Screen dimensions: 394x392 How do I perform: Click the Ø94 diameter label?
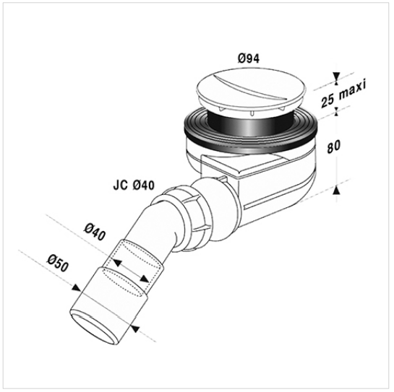click(x=249, y=58)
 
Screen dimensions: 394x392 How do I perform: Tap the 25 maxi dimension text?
click(x=343, y=92)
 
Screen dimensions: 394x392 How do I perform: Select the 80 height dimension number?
click(x=334, y=147)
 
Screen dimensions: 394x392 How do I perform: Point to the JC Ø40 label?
click(x=134, y=186)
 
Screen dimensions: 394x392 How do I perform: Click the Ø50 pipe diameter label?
click(x=58, y=263)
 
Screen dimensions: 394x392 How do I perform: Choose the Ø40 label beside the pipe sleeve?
click(x=95, y=232)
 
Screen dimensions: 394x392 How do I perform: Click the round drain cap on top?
click(x=252, y=90)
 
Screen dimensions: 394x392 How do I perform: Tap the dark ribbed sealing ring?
click(x=251, y=133)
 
